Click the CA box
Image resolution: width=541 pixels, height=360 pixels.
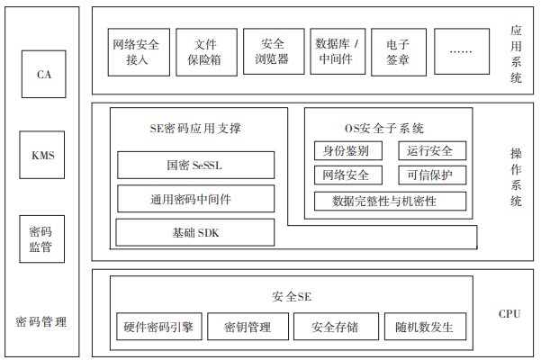[44, 74]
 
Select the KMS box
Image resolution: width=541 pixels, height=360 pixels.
[42, 155]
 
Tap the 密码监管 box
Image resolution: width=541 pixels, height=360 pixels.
[42, 239]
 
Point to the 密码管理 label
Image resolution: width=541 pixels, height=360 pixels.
[41, 321]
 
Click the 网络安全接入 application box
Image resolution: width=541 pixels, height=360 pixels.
[139, 52]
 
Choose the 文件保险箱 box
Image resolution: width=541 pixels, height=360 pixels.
[207, 52]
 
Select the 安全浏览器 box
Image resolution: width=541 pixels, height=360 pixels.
[274, 51]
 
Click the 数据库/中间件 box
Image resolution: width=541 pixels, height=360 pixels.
[338, 51]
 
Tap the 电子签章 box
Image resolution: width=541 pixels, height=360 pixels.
[399, 52]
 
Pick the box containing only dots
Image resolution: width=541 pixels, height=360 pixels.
[462, 51]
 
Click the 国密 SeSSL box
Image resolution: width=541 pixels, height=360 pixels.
[196, 166]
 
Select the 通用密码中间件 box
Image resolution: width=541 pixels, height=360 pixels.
[196, 199]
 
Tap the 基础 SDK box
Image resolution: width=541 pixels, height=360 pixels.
[195, 232]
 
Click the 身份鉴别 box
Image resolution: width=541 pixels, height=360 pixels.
[348, 150]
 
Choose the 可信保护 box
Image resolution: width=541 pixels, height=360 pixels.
[432, 175]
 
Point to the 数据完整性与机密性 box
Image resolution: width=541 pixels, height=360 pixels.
[391, 201]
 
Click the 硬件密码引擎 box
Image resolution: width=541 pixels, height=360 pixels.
[159, 327]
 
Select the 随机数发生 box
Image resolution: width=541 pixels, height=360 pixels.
[426, 327]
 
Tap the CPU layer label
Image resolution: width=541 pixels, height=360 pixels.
[509, 314]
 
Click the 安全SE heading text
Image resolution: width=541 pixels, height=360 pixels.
[292, 297]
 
